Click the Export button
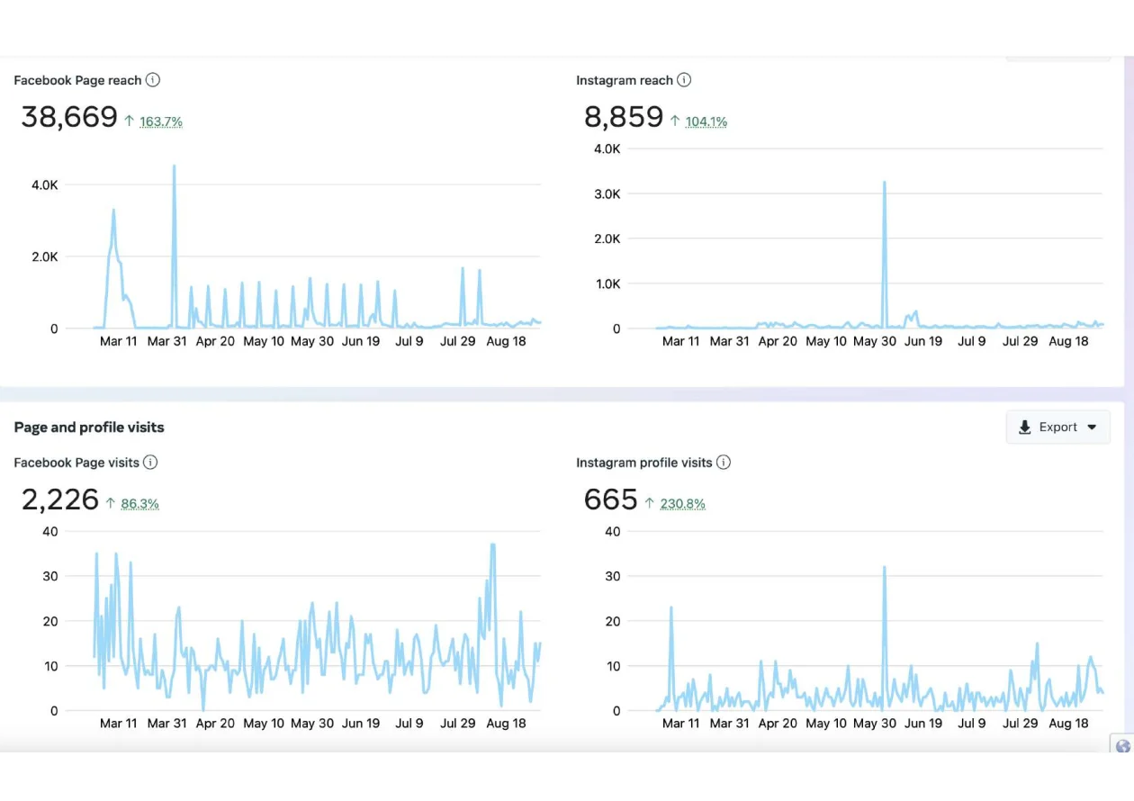pyautogui.click(x=1057, y=427)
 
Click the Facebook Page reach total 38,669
pyautogui.click(x=69, y=117)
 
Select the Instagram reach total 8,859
pyautogui.click(x=624, y=117)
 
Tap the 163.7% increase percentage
pyautogui.click(x=160, y=121)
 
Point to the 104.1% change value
pyautogui.click(x=706, y=121)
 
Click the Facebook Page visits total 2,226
pyautogui.click(x=60, y=499)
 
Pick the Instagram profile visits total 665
pyautogui.click(x=610, y=499)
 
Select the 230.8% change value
pyautogui.click(x=682, y=504)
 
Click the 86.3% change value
pyautogui.click(x=139, y=504)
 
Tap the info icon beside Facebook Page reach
pyautogui.click(x=153, y=80)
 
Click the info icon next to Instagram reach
pyautogui.click(x=684, y=80)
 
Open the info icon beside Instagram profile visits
pyautogui.click(x=724, y=463)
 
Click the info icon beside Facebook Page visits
pyautogui.click(x=150, y=463)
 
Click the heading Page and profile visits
pyautogui.click(x=89, y=427)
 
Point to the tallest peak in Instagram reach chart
pyautogui.click(x=885, y=184)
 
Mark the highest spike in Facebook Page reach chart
pyautogui.click(x=174, y=167)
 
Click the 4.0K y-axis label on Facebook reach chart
pyautogui.click(x=44, y=184)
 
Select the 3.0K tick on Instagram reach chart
pyautogui.click(x=607, y=193)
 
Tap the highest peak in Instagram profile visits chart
pyautogui.click(x=885, y=568)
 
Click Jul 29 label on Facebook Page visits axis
pyautogui.click(x=457, y=724)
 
